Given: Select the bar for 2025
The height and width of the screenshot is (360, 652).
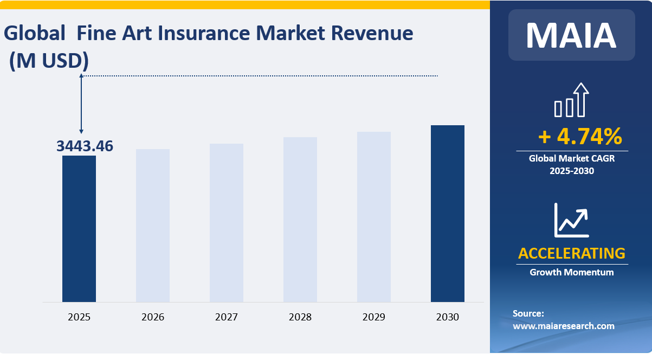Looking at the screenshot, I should pos(79,228).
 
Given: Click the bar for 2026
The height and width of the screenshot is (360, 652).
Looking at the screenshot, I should pos(153,225).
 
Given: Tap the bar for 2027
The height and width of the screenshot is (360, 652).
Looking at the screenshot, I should pos(227,222).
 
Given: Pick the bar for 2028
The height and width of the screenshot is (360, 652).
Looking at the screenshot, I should pos(300,219).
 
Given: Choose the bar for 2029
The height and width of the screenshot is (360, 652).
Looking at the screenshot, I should pos(374,216).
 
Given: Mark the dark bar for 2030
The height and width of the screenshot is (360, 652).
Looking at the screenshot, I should pos(448,213).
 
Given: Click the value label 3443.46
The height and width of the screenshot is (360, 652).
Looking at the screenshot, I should pos(85,146).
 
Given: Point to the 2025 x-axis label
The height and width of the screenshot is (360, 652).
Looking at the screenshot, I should pos(79,317).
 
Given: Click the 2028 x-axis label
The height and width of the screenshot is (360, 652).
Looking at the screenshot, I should pos(300,317).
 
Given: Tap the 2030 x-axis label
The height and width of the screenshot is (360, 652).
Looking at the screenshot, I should pos(448,317).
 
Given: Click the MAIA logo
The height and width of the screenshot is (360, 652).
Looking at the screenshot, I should pos(571,35).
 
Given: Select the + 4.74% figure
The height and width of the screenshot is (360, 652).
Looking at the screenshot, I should pos(579,137).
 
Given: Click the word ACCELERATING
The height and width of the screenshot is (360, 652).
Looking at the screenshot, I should pos(572,253).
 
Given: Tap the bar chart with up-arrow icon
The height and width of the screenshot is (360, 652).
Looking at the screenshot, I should pos(571,100).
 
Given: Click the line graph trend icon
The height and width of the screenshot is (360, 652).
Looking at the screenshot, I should pos(571,220).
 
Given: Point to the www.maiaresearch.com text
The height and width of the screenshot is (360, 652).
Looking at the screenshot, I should pos(564,326).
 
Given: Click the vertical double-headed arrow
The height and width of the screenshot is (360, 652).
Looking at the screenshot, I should pos(81,104).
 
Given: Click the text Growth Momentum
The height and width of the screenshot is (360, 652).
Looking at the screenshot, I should pos(572,272).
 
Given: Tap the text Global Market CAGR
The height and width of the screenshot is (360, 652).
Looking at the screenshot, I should pos(572,159).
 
